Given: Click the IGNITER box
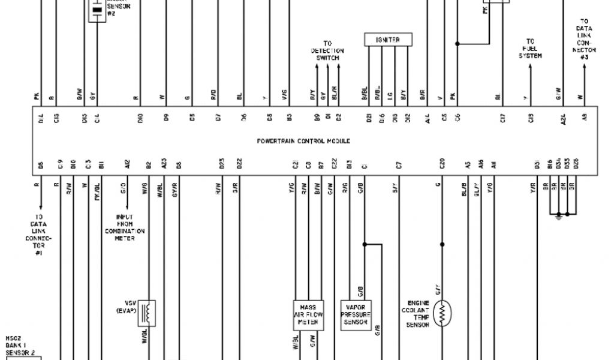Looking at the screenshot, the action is (x=389, y=40).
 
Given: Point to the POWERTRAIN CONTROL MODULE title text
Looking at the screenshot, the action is (x=303, y=141).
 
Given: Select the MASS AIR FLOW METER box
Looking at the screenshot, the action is (x=308, y=314).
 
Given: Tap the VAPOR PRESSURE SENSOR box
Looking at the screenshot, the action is (x=356, y=314).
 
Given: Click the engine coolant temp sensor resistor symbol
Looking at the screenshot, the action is (x=443, y=314).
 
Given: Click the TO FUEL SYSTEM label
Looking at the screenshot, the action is (x=530, y=49).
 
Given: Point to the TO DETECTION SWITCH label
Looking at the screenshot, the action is (x=327, y=51).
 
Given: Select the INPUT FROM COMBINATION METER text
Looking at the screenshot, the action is (x=125, y=227).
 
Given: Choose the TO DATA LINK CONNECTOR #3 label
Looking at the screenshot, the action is (x=584, y=40).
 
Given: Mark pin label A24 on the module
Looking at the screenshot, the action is (x=563, y=119).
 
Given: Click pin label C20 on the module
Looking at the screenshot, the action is (x=442, y=164).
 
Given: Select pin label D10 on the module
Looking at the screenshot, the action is (x=139, y=119).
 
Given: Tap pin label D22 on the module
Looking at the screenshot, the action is (x=239, y=164).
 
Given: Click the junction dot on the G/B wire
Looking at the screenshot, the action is (x=364, y=244).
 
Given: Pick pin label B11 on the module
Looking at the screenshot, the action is (x=103, y=164).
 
